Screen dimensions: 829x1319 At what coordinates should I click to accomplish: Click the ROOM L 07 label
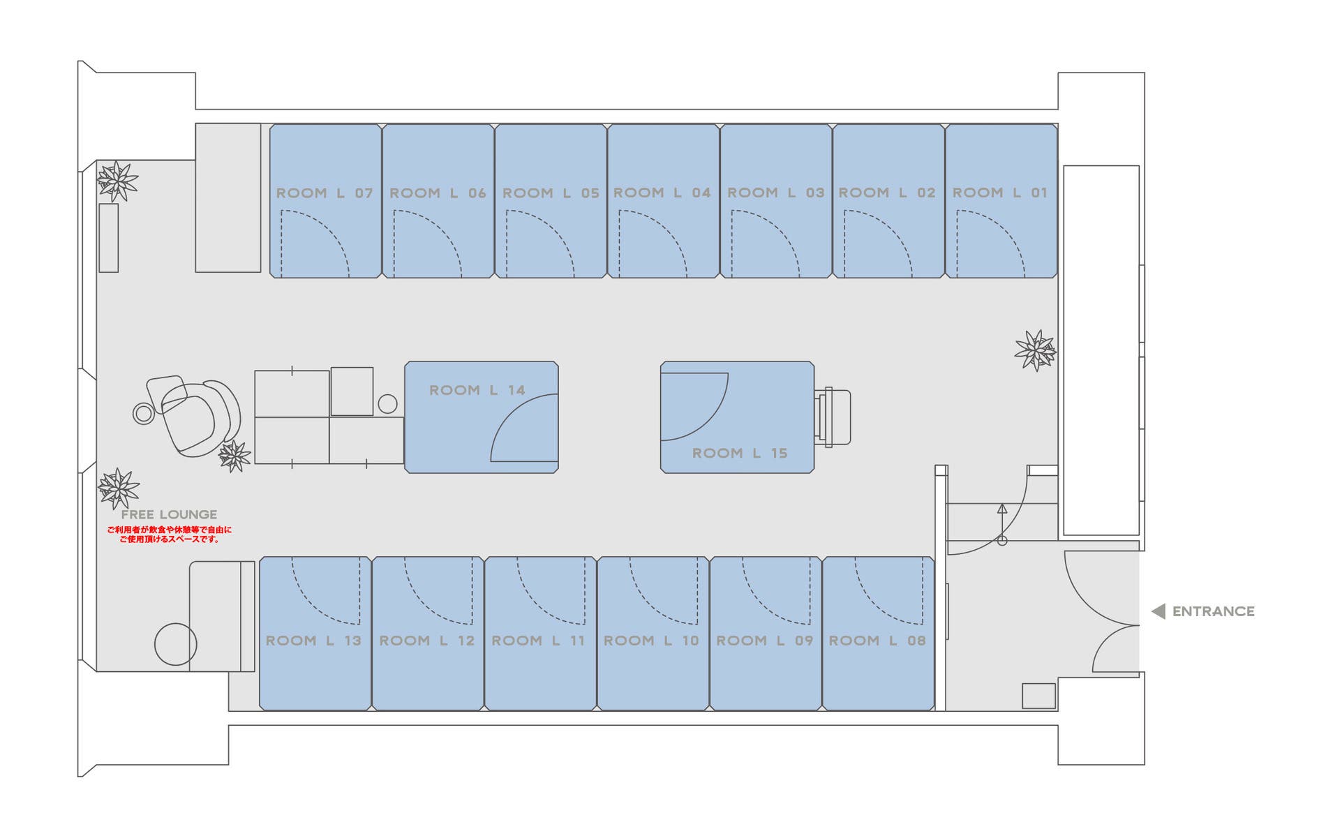[x=325, y=193]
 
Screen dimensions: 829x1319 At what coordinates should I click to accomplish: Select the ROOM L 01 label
[x=1000, y=193]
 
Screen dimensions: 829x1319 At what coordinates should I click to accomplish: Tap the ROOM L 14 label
[x=477, y=390]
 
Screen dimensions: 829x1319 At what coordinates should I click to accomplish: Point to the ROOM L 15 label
[x=740, y=453]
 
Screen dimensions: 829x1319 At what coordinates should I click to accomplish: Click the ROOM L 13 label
[x=313, y=641]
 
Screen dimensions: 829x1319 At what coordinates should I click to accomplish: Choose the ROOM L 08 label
[x=877, y=641]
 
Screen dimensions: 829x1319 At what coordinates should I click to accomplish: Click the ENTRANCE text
[x=1213, y=611]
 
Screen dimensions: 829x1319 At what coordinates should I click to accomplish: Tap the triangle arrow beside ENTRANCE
[x=1158, y=611]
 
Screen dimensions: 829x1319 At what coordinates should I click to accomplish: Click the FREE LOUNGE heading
[x=169, y=514]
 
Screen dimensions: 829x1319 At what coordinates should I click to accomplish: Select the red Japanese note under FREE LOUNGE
[x=169, y=535]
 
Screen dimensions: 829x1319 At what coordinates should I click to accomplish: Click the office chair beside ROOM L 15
[x=834, y=417]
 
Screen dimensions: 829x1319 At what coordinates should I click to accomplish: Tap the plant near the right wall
[x=1035, y=350]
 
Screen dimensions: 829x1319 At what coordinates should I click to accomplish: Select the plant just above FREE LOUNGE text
[x=118, y=488]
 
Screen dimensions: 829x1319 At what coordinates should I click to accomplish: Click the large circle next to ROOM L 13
[x=175, y=644]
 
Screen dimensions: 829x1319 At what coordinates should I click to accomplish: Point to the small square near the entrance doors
[x=1038, y=696]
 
